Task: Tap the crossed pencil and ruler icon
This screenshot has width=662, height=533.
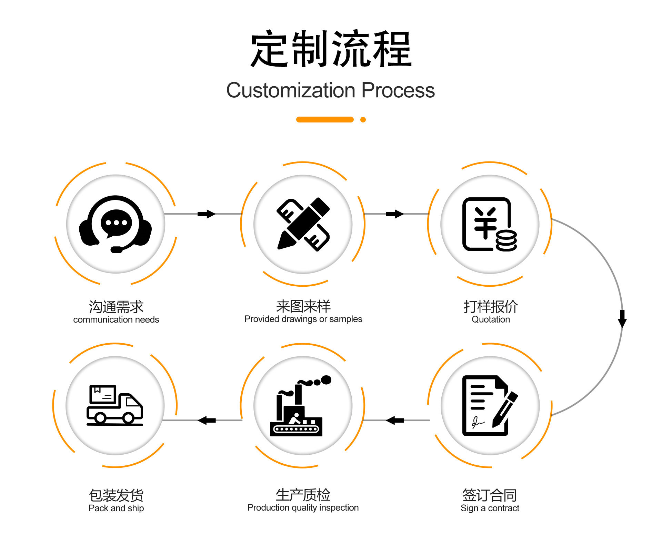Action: coord(303,224)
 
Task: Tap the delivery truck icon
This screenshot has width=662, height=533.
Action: coord(115,405)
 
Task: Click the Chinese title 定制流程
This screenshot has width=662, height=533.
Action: coord(331,49)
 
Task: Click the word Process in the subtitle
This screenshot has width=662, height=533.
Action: coord(398,90)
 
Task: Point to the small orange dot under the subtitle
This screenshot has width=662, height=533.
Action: coord(363,120)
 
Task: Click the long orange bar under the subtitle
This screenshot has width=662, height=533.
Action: coord(325,120)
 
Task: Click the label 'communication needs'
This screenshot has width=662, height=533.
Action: coord(116,320)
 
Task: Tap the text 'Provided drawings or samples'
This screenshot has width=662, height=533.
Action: coord(303,319)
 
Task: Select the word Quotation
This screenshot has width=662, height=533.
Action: coord(491,319)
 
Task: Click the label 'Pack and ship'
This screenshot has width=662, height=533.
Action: coord(116,508)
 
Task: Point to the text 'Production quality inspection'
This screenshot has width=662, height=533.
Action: coord(303,507)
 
